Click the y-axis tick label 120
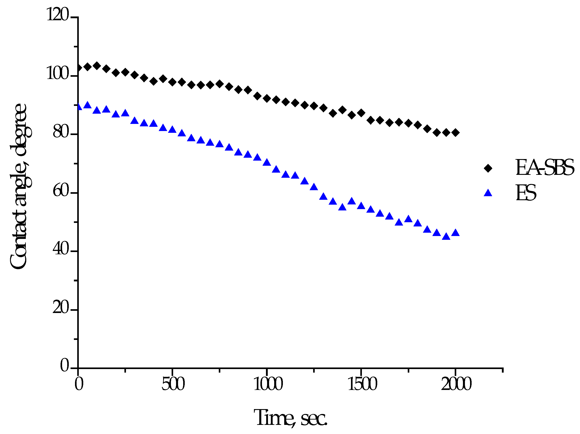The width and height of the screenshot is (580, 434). coord(58,14)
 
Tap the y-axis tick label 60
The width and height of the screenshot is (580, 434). coord(61,191)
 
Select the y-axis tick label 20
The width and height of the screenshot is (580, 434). coord(61,307)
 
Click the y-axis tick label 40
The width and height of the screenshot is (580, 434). coord(61,249)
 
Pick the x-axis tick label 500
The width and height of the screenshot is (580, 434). coord(173,384)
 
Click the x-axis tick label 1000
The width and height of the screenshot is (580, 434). coord(268,384)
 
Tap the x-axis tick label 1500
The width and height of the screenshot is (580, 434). coord(362,384)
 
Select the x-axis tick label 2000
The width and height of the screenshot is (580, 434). coord(456,384)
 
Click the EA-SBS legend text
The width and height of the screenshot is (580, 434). coord(545,168)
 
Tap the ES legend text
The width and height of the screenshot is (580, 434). coord(526,193)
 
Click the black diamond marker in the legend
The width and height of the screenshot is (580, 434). coord(488,168)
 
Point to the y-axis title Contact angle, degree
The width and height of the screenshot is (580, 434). coord(19,186)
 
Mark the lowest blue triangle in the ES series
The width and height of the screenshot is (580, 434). coord(446,237)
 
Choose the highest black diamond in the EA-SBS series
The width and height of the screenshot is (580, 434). coord(97,66)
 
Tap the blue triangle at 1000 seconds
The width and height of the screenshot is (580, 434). coord(267,162)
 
